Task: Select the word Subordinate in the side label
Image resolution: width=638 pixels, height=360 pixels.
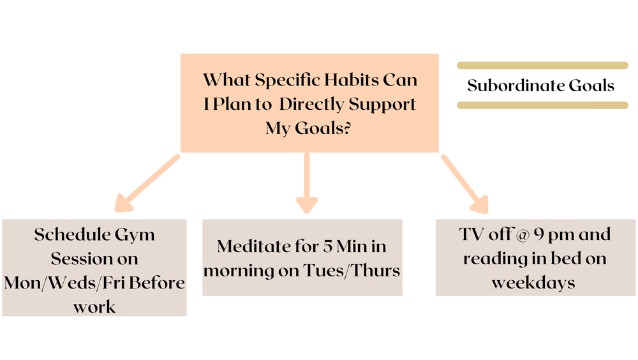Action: point(514,86)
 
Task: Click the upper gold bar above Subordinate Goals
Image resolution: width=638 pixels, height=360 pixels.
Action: point(542,65)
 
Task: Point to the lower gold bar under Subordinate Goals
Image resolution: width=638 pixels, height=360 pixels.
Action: point(542,105)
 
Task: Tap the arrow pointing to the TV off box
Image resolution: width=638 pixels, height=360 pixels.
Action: point(465,183)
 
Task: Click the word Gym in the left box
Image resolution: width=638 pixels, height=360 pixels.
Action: point(135,234)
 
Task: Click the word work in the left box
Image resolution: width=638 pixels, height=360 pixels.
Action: point(94,306)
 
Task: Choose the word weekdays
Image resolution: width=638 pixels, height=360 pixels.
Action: point(533,283)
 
